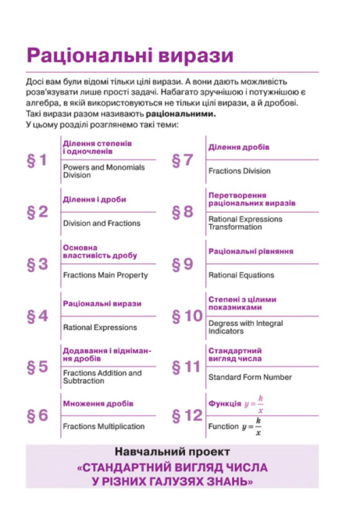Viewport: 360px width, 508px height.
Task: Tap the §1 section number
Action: (x=38, y=162)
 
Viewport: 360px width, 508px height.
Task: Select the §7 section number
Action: (x=182, y=160)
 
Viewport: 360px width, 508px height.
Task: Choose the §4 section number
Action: (x=38, y=317)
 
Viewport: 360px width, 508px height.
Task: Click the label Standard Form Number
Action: (x=250, y=377)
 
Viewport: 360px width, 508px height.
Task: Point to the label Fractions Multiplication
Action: (x=104, y=426)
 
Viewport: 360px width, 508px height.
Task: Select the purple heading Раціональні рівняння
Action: (x=251, y=252)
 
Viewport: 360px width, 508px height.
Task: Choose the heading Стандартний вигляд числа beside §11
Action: (x=234, y=354)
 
